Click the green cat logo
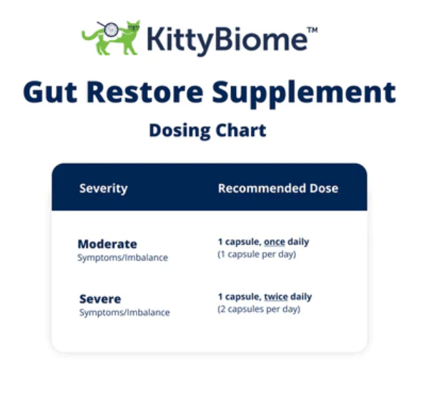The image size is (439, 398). point(111,38)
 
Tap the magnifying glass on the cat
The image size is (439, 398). point(110,29)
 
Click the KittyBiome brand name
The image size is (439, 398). point(227,41)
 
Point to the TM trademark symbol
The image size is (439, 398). point(312,30)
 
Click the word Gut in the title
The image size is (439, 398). point(50,92)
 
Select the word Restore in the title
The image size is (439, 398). point(144,92)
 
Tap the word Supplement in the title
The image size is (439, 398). point(304,94)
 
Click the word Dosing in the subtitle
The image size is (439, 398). point(179,131)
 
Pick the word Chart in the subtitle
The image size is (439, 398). point(241,130)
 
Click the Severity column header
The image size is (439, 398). point(103,189)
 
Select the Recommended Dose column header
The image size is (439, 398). point(278,188)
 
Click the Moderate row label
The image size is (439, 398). point(107,244)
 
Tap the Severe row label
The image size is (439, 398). point(100,299)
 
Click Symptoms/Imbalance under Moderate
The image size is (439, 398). point(123,258)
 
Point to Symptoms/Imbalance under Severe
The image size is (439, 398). point(124,313)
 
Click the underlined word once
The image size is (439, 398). point(275,242)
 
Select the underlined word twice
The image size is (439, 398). point(276,296)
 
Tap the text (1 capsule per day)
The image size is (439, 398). point(257,255)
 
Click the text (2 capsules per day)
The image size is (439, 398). point(259,309)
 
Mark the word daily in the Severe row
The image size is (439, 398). point(301,297)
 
